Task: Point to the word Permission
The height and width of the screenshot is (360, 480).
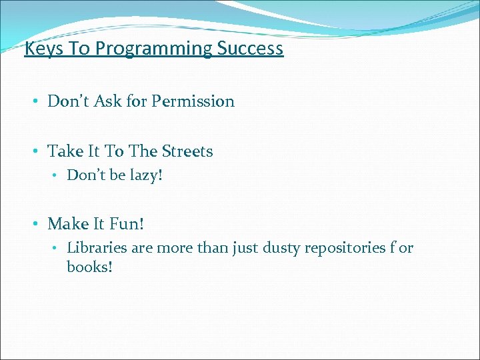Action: point(193,101)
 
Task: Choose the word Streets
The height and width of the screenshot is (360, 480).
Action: point(187,151)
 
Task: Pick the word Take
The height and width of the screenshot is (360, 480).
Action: point(65,151)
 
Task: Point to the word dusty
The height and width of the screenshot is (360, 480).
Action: point(282,248)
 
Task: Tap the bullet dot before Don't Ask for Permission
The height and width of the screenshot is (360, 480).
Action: point(35,102)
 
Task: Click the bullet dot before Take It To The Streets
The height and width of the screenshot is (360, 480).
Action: point(35,152)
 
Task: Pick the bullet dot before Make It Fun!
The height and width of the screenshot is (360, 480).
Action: point(35,225)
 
